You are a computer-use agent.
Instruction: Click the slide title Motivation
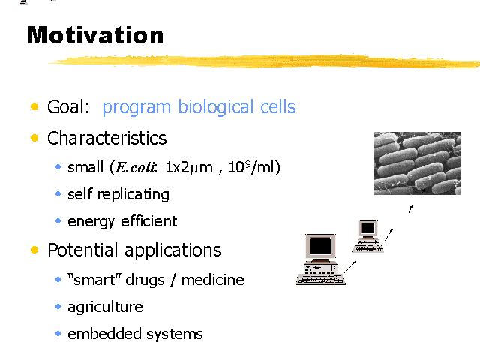(95, 35)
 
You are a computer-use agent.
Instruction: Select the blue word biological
(216, 107)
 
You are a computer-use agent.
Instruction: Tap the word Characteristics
(106, 138)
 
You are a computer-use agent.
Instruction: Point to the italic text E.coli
(136, 167)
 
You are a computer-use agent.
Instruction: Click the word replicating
(133, 195)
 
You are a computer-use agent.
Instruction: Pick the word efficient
(149, 221)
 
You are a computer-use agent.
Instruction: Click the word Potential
(82, 250)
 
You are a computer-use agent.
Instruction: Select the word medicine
(213, 280)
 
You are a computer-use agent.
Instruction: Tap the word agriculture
(105, 307)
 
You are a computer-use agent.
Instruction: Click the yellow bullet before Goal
(34, 106)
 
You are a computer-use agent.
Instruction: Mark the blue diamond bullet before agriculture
(58, 307)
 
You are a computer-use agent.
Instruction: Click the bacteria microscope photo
(417, 163)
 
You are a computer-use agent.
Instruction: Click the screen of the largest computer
(320, 246)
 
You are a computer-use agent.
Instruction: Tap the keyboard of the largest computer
(321, 280)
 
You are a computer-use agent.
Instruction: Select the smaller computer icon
(368, 236)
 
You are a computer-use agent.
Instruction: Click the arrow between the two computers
(350, 267)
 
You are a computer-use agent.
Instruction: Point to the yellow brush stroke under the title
(264, 61)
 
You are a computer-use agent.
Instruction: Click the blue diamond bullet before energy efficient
(58, 220)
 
